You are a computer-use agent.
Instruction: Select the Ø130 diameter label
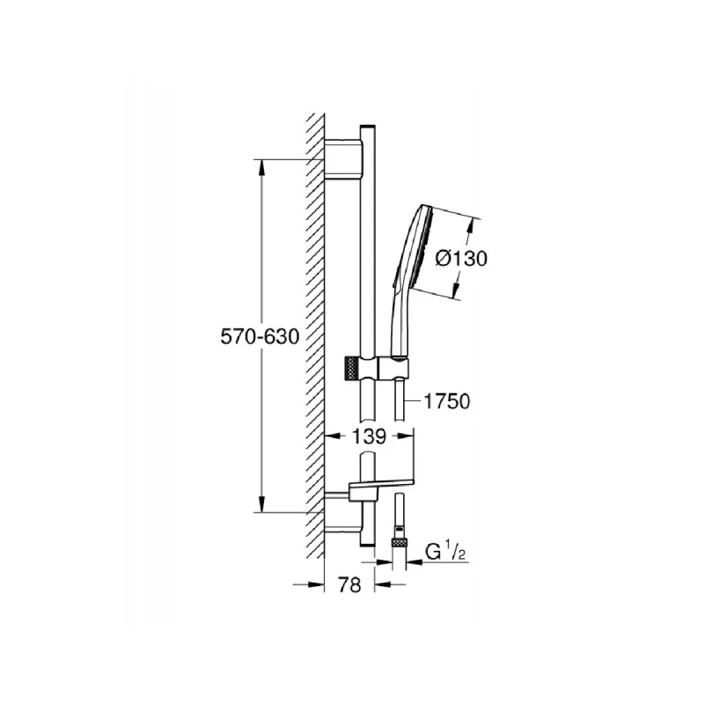[x=461, y=258]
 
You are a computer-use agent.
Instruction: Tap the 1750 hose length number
[x=447, y=401]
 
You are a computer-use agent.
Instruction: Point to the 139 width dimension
[x=369, y=435]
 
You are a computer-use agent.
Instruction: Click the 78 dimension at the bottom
[x=350, y=584]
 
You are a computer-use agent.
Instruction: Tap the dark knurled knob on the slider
[x=351, y=366]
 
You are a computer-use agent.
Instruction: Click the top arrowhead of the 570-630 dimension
[x=261, y=166]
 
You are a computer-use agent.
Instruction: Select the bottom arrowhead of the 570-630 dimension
[x=261, y=504]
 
